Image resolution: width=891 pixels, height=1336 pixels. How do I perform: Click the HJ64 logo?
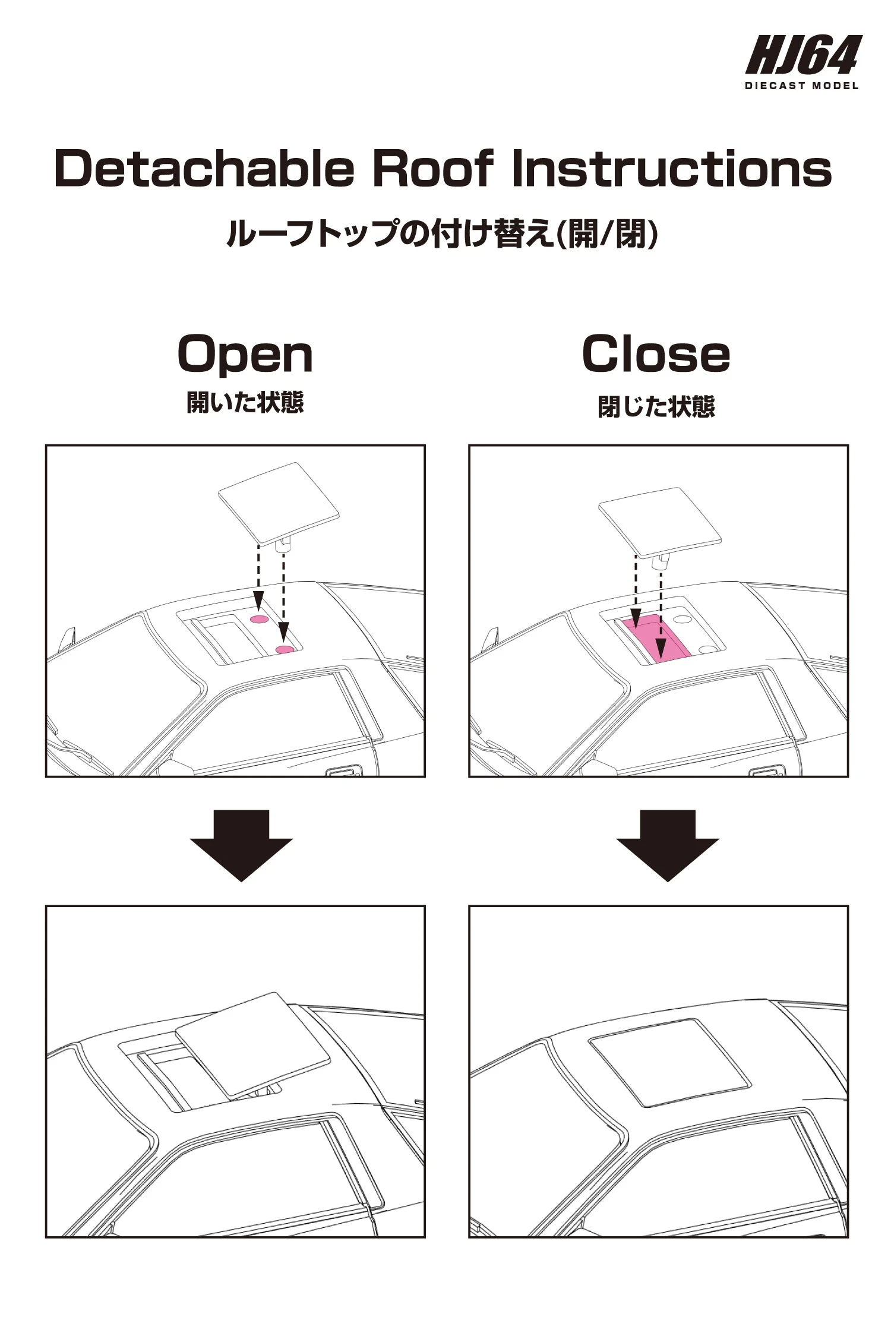click(803, 55)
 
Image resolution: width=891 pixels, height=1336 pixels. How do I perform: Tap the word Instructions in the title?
click(671, 169)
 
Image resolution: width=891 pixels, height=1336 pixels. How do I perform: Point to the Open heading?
click(245, 355)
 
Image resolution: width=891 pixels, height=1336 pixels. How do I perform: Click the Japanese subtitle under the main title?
click(442, 233)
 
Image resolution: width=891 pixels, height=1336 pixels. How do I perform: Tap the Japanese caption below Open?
click(245, 402)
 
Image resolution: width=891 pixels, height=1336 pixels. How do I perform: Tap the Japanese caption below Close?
click(656, 407)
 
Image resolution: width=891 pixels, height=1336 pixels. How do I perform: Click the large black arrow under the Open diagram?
click(241, 845)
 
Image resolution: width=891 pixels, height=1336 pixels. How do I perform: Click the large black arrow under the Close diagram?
click(667, 845)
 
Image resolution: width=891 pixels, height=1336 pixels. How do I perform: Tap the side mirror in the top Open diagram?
click(69, 638)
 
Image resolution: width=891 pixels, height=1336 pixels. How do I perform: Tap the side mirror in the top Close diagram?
click(491, 638)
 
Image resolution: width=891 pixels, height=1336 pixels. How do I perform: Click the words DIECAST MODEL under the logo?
click(802, 86)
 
